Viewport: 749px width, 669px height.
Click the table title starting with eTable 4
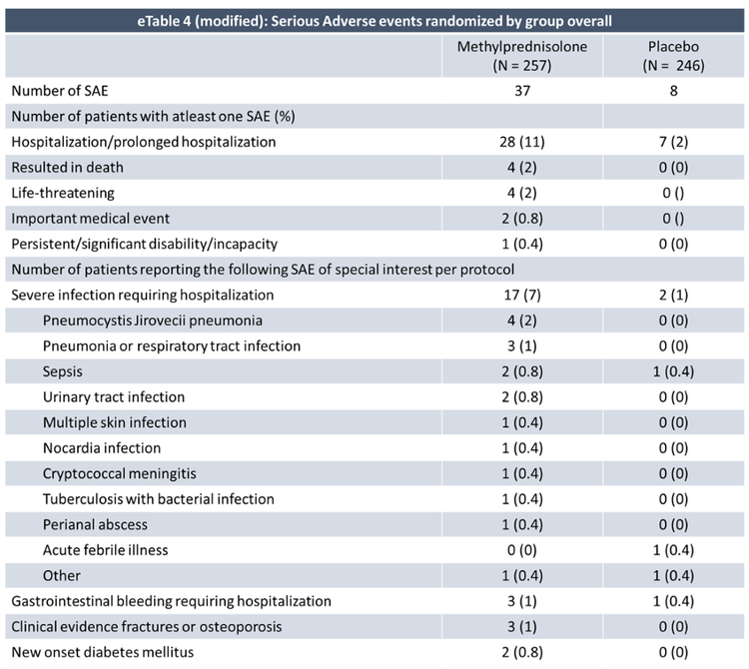tap(374, 21)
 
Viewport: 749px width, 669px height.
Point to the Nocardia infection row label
tap(102, 448)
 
